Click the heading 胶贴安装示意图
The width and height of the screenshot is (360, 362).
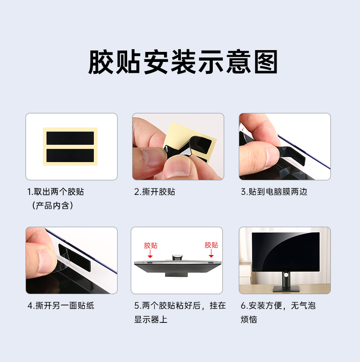pos(183,62)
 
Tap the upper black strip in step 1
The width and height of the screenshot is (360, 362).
pos(70,138)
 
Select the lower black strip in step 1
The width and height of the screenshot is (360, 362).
pos(70,155)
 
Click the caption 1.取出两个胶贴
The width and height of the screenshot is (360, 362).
pos(56,192)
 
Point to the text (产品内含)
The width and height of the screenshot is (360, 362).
pos(53,205)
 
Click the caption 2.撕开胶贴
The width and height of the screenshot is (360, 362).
pos(154,192)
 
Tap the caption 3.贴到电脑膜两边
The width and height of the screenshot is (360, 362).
pos(274,192)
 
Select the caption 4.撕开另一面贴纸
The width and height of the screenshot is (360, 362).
pos(61,306)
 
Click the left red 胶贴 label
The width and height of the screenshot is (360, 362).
pos(151,245)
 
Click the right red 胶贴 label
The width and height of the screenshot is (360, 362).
pos(211,245)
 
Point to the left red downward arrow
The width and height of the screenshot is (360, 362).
pos(150,254)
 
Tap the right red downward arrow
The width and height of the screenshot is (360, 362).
pos(211,253)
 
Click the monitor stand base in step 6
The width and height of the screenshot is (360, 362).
pos(286,289)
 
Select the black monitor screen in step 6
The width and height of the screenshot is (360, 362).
pos(286,252)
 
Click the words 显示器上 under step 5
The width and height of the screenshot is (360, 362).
pos(151,320)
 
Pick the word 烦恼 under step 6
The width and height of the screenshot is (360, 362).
pos(249,320)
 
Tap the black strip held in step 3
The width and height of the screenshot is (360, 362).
pos(292,154)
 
